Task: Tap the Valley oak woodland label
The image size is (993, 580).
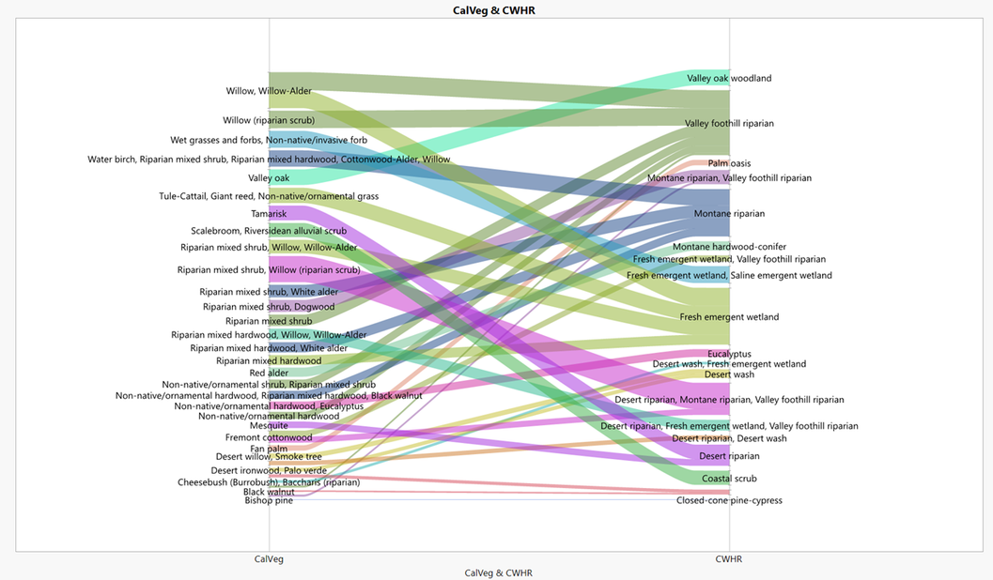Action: (729, 78)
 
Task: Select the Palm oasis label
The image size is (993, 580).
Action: (729, 163)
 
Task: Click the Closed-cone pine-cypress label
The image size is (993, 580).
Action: (729, 500)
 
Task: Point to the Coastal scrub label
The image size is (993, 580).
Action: (729, 479)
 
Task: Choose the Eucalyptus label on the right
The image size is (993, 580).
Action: (729, 354)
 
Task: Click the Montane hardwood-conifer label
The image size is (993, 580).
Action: (729, 247)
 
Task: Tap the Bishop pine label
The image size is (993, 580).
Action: (269, 500)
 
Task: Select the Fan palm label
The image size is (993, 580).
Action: (269, 449)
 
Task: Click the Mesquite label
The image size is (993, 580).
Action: (269, 425)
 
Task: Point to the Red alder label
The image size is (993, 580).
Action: (269, 373)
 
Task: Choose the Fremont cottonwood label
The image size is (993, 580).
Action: (269, 437)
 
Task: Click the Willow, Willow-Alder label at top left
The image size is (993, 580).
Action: (269, 91)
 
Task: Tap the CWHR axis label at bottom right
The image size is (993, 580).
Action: (729, 559)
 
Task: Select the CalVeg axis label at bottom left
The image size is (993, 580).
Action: (269, 559)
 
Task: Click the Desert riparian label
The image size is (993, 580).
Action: (729, 456)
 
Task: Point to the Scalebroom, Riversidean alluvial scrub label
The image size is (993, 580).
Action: (269, 231)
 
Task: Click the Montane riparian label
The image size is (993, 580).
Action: (729, 214)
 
